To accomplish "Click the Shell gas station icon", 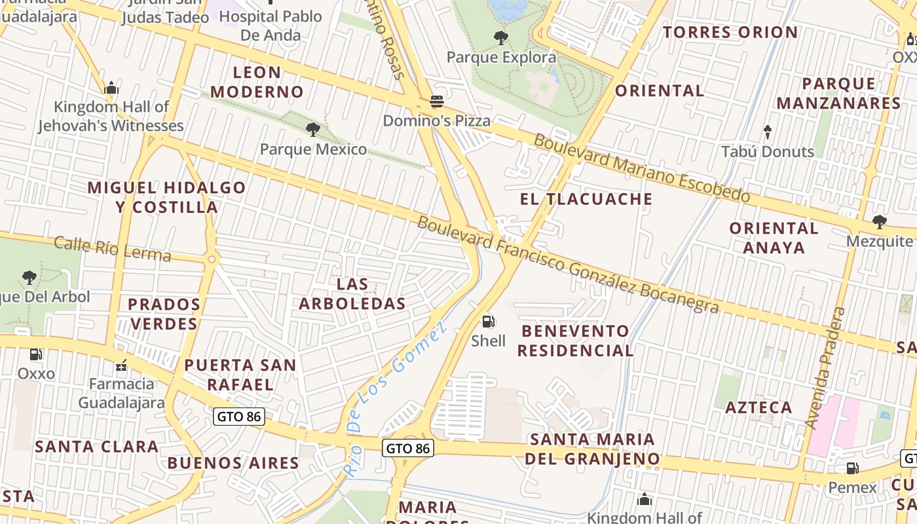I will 488,322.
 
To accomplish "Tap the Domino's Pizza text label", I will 436,121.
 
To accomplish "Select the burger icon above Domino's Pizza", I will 436,102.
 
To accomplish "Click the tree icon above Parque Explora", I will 501,38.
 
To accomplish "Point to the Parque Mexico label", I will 313,149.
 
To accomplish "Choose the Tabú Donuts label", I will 767,151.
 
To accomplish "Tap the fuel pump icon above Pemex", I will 852,468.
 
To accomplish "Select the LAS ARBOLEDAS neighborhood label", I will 352,294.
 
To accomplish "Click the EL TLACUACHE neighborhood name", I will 586,199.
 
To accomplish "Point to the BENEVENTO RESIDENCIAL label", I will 575,341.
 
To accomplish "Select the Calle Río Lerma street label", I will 112,249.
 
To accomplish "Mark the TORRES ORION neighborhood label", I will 730,32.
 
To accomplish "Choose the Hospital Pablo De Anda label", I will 271,26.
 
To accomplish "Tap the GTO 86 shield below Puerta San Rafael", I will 240,417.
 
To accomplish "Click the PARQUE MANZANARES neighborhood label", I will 838,93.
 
